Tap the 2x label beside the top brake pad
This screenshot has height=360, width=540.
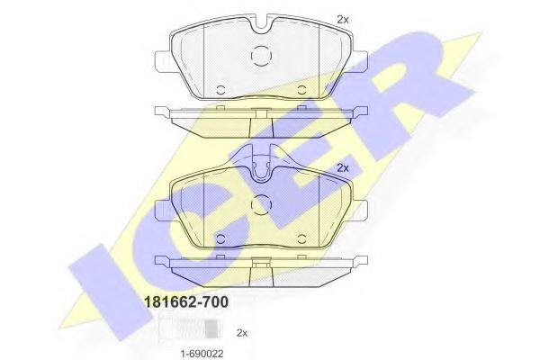(342, 19)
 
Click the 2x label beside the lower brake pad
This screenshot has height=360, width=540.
(342, 168)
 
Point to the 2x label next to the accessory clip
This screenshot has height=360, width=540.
(241, 332)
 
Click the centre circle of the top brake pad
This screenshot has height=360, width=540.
(260, 56)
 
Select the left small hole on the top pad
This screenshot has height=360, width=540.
(220, 89)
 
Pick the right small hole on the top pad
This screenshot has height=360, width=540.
(301, 89)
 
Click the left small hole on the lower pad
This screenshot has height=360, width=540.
(220, 238)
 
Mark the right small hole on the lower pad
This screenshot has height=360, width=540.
(301, 238)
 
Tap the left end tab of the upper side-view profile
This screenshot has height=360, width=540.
(163, 112)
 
